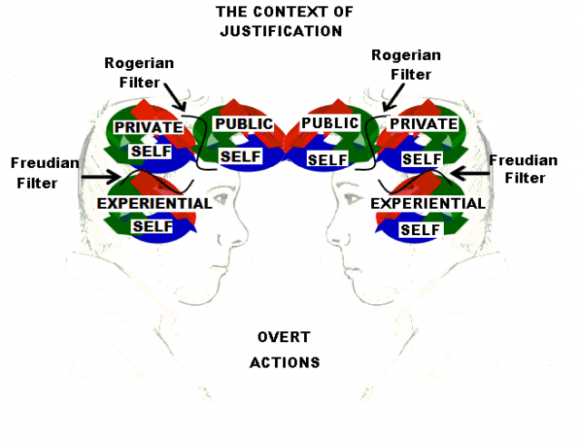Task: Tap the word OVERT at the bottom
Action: coord(285,338)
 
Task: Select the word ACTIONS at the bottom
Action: coord(285,362)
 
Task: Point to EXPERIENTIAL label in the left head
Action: coord(154,202)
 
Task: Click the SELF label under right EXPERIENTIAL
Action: coord(419,231)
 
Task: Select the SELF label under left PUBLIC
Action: coord(241,156)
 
